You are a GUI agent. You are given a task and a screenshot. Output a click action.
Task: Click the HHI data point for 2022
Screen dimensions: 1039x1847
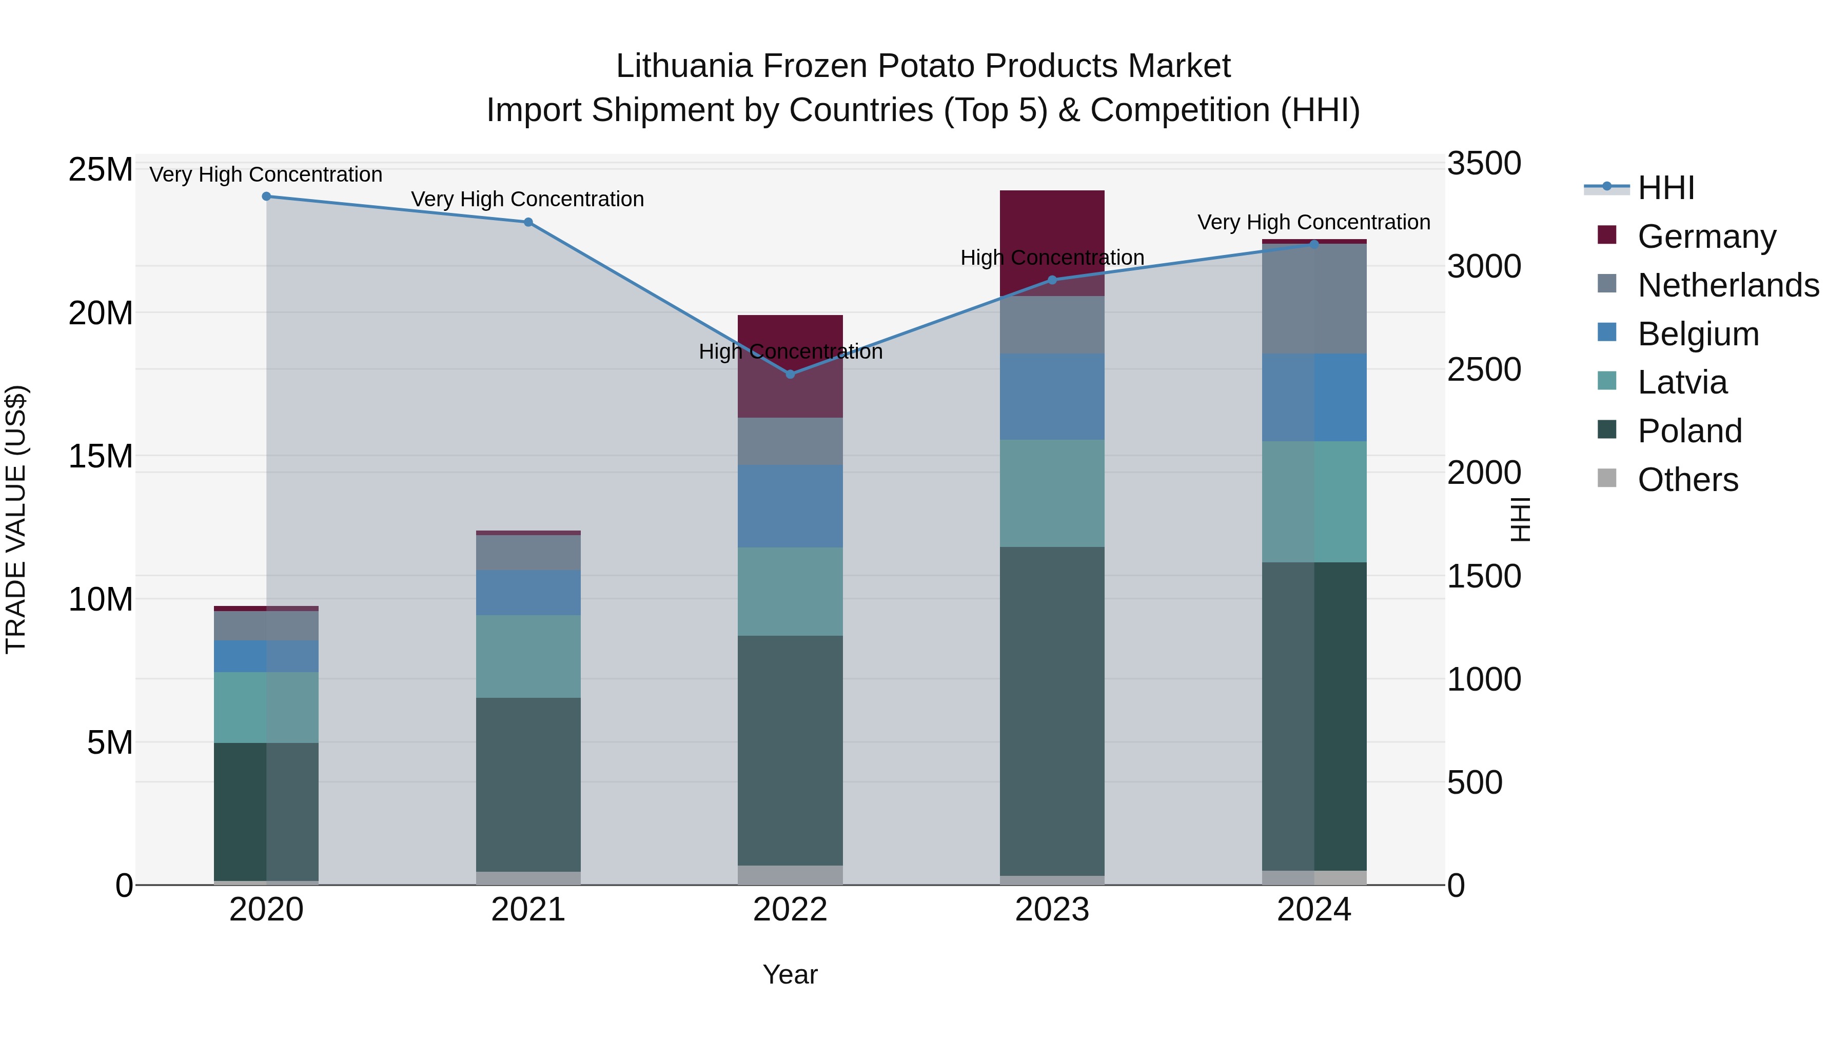tap(790, 375)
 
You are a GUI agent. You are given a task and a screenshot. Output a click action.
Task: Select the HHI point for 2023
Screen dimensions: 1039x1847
tap(1052, 280)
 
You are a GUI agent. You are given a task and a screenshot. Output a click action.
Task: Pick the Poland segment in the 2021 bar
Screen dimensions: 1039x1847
tap(528, 785)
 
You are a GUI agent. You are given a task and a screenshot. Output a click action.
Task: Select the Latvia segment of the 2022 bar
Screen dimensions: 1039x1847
tap(790, 592)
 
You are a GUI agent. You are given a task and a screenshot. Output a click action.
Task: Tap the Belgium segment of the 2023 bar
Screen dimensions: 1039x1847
tap(1052, 397)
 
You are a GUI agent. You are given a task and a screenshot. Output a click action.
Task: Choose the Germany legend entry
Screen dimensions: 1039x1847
tap(1706, 237)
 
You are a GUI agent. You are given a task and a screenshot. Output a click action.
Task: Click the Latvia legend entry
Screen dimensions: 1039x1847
tap(1682, 382)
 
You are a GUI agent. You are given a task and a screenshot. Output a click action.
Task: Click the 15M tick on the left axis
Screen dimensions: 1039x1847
tap(101, 457)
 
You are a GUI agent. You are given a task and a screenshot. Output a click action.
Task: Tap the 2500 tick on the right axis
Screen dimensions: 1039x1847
tap(1483, 370)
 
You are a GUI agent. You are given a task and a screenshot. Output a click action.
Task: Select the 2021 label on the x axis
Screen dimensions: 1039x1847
tap(528, 910)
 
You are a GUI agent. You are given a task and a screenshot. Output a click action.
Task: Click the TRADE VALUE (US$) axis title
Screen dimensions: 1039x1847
tap(16, 519)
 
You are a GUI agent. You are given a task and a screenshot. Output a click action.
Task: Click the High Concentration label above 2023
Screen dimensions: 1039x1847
tap(1052, 258)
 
